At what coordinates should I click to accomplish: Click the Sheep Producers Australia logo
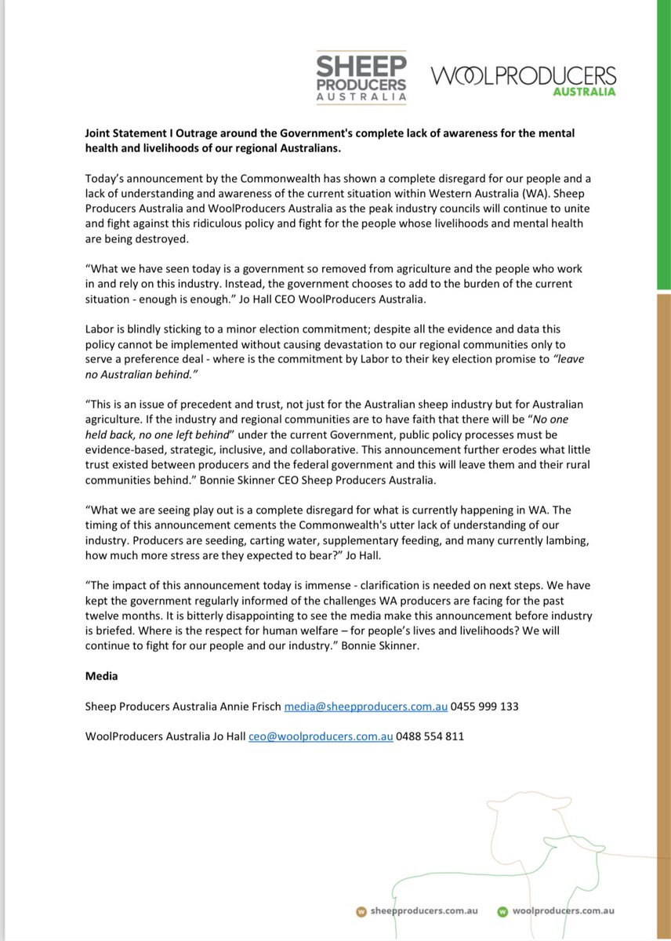[361, 76]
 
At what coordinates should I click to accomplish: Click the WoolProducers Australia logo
[523, 80]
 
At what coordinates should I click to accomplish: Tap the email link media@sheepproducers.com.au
[365, 707]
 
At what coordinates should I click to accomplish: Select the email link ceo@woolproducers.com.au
[321, 736]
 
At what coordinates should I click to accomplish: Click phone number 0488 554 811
[430, 736]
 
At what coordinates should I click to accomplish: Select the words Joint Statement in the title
[122, 133]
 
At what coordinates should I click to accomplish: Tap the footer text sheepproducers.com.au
[419, 911]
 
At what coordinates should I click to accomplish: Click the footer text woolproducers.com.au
[563, 911]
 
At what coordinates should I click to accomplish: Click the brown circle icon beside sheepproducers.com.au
[361, 911]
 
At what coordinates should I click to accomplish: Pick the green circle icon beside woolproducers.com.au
[502, 911]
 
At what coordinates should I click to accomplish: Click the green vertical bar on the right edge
[663, 141]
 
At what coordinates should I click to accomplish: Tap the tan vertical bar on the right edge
[663, 549]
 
